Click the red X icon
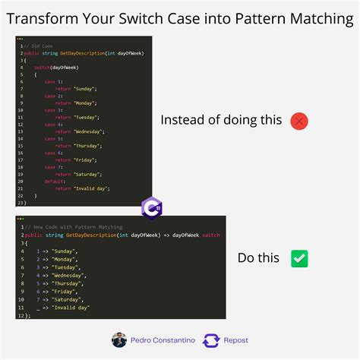tap(299, 120)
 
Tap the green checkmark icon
tap(299, 258)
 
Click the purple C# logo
tap(152, 207)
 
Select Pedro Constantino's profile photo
tap(119, 340)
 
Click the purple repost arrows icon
tap(211, 340)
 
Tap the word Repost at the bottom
tap(235, 340)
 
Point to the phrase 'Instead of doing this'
tap(221, 120)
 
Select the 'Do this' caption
tap(258, 258)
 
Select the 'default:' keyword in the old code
tap(54, 181)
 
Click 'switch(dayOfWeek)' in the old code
tap(55, 67)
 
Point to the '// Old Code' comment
tap(37, 46)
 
